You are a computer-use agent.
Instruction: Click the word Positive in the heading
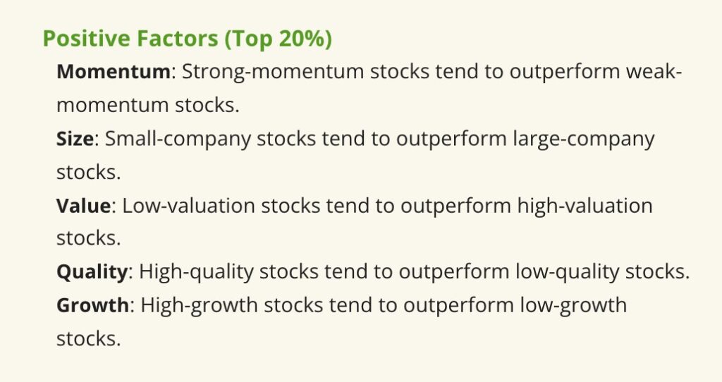(85, 38)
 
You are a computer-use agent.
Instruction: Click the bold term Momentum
(114, 72)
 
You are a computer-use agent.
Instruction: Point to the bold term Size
(75, 139)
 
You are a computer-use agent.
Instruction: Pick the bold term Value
(83, 205)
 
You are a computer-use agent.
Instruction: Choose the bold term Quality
(92, 272)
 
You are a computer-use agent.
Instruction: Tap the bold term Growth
(92, 305)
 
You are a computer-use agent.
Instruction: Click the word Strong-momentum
(273, 73)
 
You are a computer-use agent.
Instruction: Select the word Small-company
(178, 139)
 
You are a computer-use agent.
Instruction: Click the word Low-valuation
(188, 205)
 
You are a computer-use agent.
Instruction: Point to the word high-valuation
(585, 206)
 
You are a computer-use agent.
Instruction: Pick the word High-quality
(196, 272)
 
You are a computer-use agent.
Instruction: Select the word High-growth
(199, 305)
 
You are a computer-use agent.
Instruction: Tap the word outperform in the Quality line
(453, 272)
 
